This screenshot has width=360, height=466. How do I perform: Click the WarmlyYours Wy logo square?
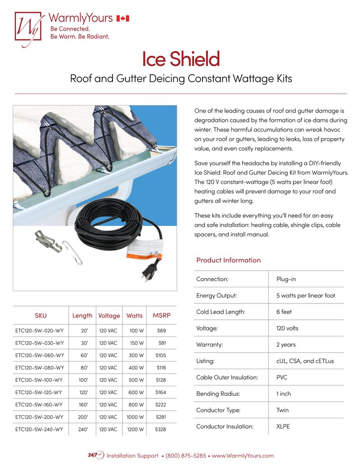click(28, 26)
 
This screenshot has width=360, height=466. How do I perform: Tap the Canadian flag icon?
click(123, 18)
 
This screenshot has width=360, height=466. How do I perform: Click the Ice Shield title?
click(180, 59)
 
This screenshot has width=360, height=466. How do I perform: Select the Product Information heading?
click(228, 260)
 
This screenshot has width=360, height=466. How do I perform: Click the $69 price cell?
click(161, 330)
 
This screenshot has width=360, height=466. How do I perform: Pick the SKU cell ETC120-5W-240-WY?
click(39, 430)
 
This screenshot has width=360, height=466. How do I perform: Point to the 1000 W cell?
click(135, 417)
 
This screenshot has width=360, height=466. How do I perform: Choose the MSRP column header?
click(161, 315)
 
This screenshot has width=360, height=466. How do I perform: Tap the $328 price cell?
click(160, 430)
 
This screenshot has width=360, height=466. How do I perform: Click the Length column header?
click(82, 315)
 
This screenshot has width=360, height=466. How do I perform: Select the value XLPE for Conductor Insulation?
click(283, 426)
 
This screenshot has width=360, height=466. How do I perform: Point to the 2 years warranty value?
click(286, 344)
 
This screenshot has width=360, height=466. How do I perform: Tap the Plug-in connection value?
click(286, 279)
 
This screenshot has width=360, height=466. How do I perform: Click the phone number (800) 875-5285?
click(186, 456)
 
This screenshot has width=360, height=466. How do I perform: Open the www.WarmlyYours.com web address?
click(243, 456)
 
